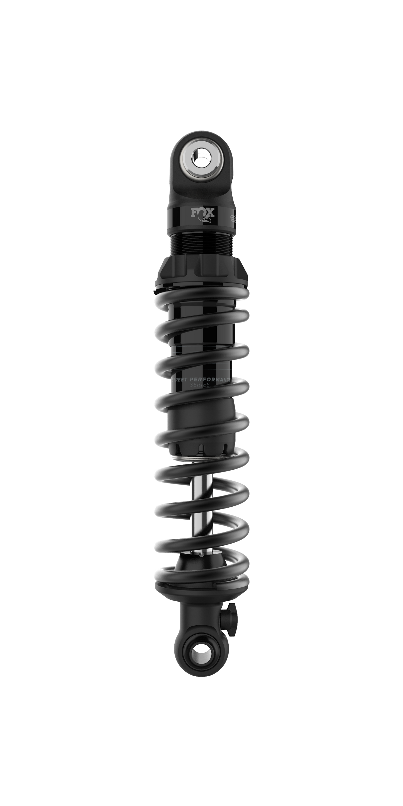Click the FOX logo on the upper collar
pyautogui.click(x=203, y=213)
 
